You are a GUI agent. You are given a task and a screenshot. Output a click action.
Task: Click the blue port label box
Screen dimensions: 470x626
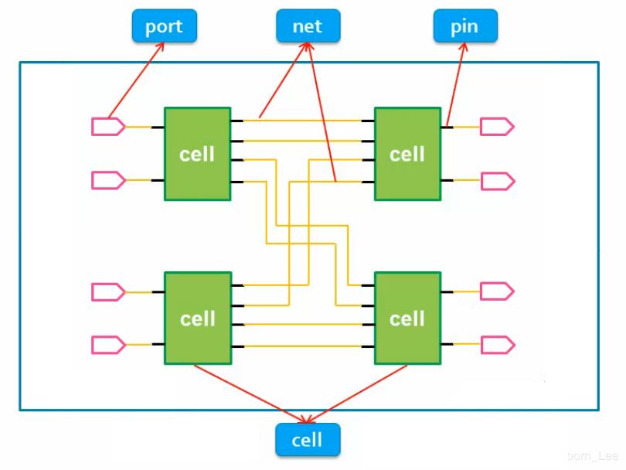pos(164,26)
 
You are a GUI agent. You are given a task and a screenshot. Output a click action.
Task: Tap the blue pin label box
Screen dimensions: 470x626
pos(464,26)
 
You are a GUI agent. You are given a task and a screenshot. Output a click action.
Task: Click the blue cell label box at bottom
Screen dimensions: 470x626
pos(308,440)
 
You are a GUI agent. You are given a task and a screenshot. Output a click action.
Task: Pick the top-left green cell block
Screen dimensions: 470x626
pos(197,154)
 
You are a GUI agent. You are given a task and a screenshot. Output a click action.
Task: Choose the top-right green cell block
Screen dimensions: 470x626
pos(407,154)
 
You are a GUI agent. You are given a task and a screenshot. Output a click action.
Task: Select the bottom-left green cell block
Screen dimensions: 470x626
pos(197,318)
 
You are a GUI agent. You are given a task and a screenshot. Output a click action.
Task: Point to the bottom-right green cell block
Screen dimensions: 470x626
pos(407,318)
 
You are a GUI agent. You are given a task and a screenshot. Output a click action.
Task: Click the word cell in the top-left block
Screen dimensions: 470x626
pos(197,154)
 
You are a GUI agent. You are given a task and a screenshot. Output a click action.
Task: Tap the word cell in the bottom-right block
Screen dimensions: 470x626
pos(407,318)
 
